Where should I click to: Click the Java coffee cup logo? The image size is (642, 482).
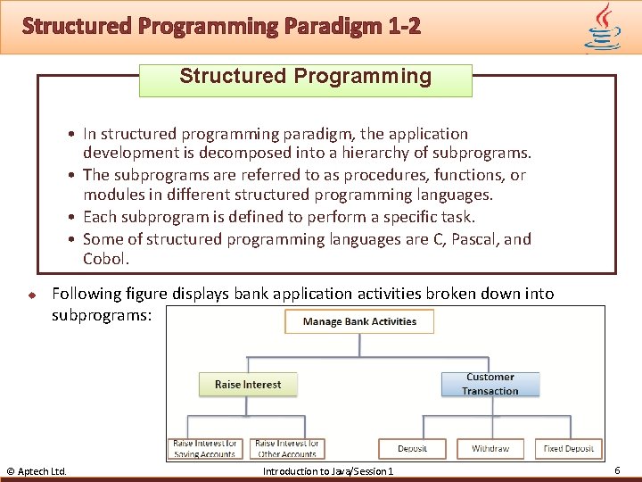pyautogui.click(x=603, y=27)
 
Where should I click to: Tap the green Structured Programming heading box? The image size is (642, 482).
pyautogui.click(x=306, y=77)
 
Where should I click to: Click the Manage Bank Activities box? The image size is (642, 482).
pyautogui.click(x=359, y=321)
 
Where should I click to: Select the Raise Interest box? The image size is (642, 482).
pyautogui.click(x=248, y=385)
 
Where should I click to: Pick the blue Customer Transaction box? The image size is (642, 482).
pyautogui.click(x=490, y=385)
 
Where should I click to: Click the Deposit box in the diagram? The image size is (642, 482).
pyautogui.click(x=413, y=448)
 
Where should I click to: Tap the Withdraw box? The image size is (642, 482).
pyautogui.click(x=490, y=448)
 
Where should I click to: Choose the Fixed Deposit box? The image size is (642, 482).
pyautogui.click(x=569, y=448)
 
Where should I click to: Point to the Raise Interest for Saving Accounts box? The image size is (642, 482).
pyautogui.click(x=205, y=448)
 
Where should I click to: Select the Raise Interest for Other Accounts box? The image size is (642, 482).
pyautogui.click(x=287, y=448)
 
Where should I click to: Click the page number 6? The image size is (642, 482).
pyautogui.click(x=617, y=470)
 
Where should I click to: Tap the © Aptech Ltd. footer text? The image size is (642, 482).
pyautogui.click(x=37, y=471)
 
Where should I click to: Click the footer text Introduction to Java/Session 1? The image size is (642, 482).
pyautogui.click(x=327, y=471)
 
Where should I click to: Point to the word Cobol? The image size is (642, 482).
pyautogui.click(x=105, y=260)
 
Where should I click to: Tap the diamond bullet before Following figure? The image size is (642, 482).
pyautogui.click(x=29, y=294)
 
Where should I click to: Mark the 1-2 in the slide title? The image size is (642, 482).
pyautogui.click(x=405, y=26)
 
